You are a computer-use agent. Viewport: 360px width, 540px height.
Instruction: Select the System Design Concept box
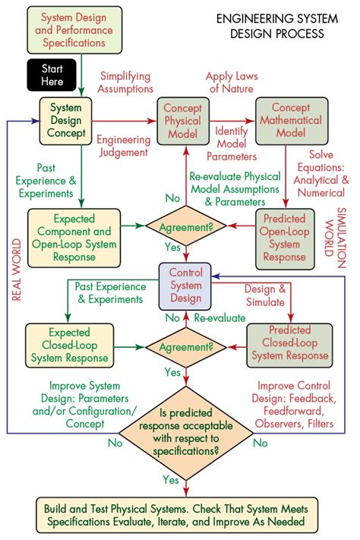tap(66, 121)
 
